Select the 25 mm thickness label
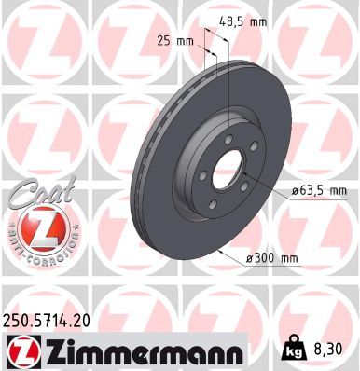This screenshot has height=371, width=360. (x=175, y=39)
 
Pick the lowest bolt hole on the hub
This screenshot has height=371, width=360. (x=215, y=207)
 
